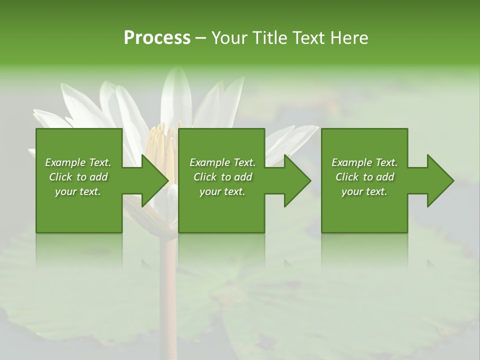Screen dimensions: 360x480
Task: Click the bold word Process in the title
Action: tap(157, 38)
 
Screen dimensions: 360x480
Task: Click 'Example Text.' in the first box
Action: tap(78, 162)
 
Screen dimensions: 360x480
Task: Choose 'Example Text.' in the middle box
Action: tap(222, 162)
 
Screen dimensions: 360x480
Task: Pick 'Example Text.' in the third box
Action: tap(364, 162)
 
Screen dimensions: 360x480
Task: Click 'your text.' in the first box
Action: tap(78, 191)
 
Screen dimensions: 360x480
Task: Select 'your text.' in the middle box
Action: tap(222, 191)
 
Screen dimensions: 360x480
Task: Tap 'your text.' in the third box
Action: tap(364, 191)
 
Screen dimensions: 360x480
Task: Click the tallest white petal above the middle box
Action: tap(176, 95)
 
